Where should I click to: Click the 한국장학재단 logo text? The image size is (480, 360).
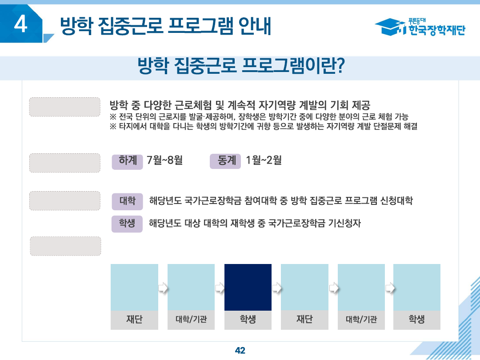point(436,30)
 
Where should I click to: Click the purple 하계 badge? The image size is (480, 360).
point(128,161)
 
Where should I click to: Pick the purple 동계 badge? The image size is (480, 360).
point(225,161)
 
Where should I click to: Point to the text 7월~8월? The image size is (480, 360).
point(165,160)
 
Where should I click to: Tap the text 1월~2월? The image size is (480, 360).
point(264,160)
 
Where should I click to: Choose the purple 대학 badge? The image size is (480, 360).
point(127,201)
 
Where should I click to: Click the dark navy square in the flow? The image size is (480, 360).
point(248,287)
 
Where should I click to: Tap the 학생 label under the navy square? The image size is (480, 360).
point(248,320)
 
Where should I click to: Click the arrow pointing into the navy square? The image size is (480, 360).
point(220,288)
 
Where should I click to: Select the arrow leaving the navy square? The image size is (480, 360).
point(276,288)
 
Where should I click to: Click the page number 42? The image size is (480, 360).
point(240,350)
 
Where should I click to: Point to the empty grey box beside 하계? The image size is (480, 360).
point(65,163)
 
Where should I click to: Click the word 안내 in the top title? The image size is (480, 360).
point(255,26)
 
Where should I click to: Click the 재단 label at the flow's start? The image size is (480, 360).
point(134,320)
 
